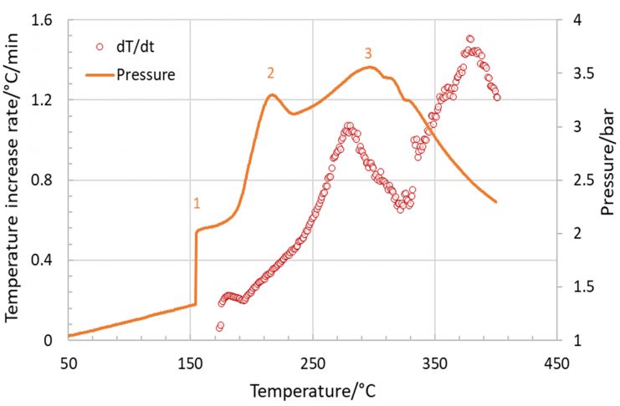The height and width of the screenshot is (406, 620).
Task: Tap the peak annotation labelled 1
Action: (x=197, y=203)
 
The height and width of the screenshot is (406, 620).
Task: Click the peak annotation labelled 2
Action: (x=271, y=73)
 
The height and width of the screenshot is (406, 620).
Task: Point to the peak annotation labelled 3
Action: (x=368, y=53)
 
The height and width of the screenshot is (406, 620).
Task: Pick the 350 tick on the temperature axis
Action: (x=434, y=364)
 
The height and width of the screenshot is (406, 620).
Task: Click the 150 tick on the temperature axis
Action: (x=190, y=364)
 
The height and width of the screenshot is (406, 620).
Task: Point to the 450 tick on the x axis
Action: (x=556, y=364)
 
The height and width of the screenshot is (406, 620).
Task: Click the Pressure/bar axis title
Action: (x=607, y=180)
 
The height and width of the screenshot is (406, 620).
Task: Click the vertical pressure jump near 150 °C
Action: (x=196, y=267)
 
